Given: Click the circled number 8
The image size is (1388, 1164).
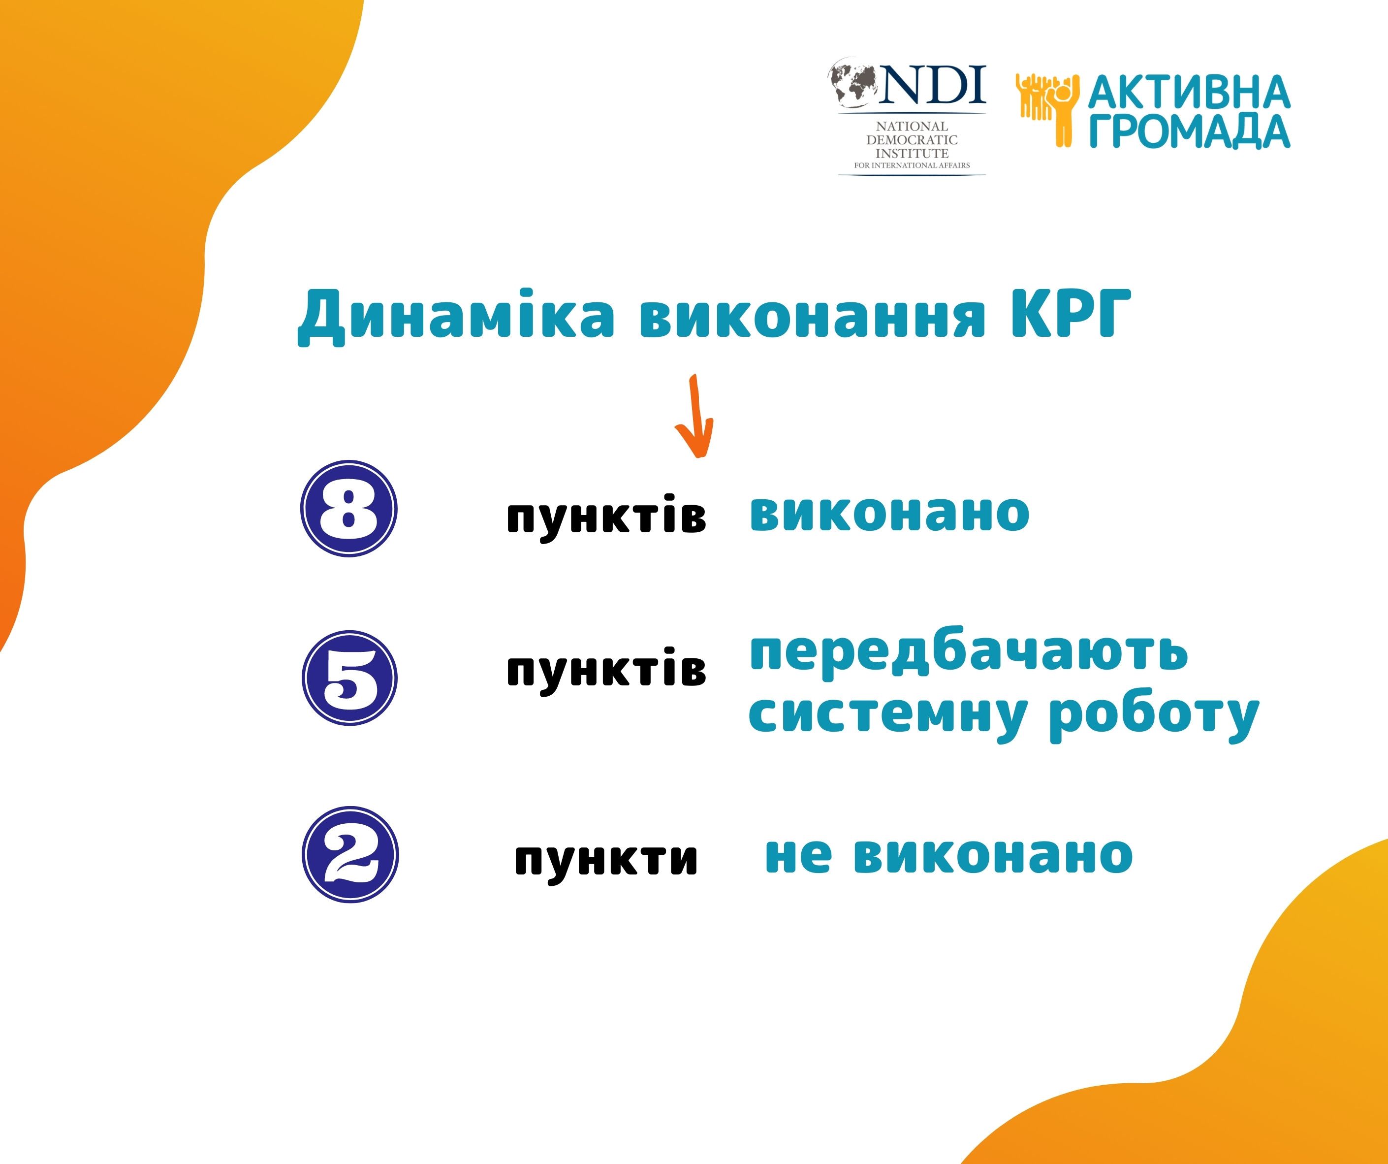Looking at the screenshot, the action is (x=349, y=509).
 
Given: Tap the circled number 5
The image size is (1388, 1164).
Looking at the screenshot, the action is (x=349, y=678).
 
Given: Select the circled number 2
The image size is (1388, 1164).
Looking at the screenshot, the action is (x=350, y=854).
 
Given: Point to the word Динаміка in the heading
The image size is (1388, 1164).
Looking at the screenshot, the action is (x=456, y=316).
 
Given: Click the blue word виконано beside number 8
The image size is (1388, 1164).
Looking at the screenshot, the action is (x=889, y=513).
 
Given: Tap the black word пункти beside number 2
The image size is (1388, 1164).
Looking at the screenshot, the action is (x=606, y=860).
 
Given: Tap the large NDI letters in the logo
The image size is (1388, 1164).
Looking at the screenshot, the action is (x=933, y=85).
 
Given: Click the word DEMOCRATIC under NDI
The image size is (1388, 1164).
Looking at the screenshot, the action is (x=912, y=139).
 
